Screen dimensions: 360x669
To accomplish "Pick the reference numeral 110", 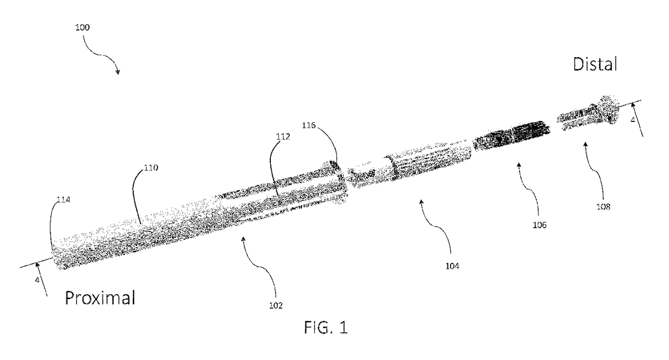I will pyautogui.click(x=151, y=168).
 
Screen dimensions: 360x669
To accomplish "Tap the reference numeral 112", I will pyautogui.click(x=283, y=137).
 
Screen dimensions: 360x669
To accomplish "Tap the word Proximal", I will pyautogui.click(x=100, y=297).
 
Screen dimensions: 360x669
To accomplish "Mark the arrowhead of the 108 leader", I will pyautogui.click(x=585, y=142).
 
